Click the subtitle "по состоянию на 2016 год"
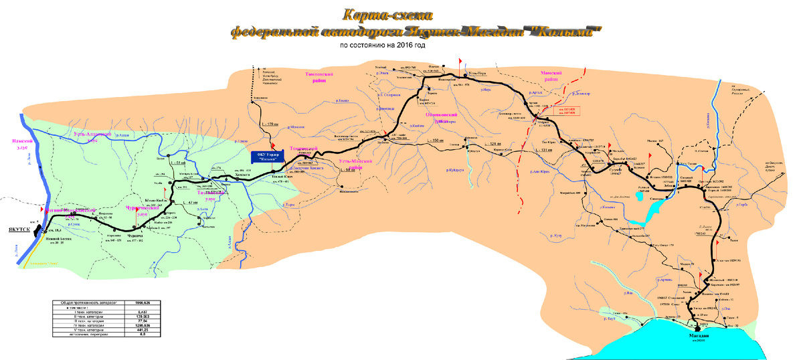pyautogui.click(x=382, y=46)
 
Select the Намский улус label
pyautogui.click(x=22, y=145)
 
